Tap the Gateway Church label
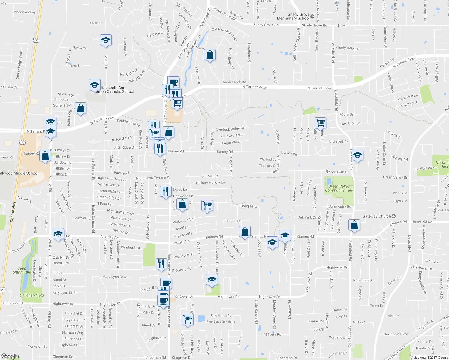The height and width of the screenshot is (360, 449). (377, 216)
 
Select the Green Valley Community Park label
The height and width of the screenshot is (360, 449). (339, 188)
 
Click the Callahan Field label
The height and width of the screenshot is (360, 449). (32, 295)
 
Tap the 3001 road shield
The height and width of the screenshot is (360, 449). (342, 25)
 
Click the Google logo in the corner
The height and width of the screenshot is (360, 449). (10, 356)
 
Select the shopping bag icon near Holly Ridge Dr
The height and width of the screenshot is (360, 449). (210, 55)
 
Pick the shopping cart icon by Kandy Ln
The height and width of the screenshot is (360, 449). (320, 122)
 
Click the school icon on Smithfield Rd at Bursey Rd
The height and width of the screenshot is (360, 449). (357, 155)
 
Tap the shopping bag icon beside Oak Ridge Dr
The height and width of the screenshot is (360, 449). (354, 225)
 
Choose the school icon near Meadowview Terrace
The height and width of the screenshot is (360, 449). (212, 280)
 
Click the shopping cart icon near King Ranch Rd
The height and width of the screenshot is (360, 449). (188, 319)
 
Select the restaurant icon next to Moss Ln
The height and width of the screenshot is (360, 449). (166, 191)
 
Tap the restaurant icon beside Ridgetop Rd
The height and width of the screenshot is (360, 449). (161, 264)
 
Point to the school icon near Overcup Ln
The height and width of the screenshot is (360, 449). (106, 40)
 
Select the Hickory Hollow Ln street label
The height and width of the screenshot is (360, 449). (210, 182)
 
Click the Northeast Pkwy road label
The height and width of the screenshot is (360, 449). (396, 334)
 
